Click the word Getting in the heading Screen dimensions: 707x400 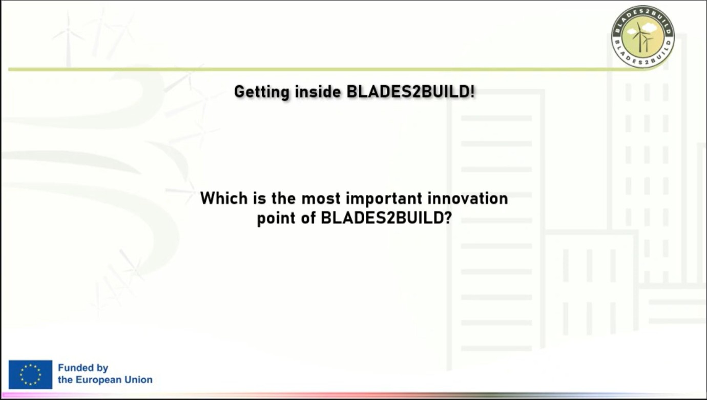coord(262,92)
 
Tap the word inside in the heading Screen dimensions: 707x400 coord(318,92)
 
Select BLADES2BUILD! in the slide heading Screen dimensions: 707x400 coord(411,92)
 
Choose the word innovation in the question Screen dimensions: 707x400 coord(468,198)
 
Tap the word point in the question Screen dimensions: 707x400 coord(276,218)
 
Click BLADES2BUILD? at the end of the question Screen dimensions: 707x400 coord(386,218)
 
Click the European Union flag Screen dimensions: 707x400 coord(30,374)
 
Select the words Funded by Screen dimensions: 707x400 coord(83,368)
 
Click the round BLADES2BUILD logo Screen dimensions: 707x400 coord(642,36)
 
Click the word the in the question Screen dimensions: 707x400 coord(283,198)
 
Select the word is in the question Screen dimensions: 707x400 coord(259,198)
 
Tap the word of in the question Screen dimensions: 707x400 coord(308,218)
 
